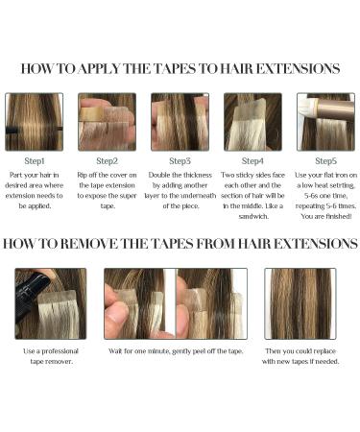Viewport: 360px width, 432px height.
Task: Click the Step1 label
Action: click(35, 161)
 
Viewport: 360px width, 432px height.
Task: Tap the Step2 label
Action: click(107, 161)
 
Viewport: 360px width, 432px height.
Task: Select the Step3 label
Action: click(180, 161)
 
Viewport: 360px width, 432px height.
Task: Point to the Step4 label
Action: click(252, 161)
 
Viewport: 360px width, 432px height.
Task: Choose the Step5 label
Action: click(325, 161)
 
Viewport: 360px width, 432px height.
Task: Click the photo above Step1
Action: click(35, 121)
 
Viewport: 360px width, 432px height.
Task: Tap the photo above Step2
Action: click(107, 121)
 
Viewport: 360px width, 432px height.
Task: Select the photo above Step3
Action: click(180, 121)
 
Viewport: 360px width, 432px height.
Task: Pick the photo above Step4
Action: click(252, 121)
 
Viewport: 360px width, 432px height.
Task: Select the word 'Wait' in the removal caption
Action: click(116, 351)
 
